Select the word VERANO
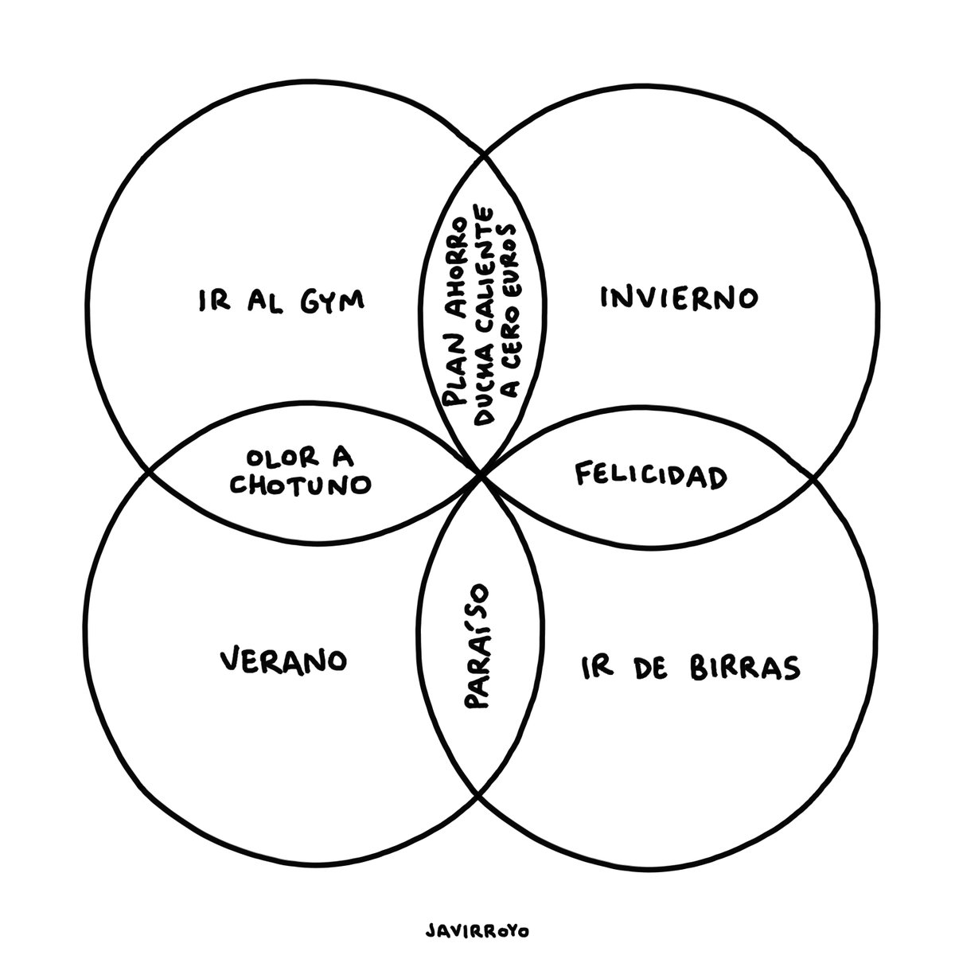pyautogui.click(x=283, y=660)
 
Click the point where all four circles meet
pyautogui.click(x=481, y=475)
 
